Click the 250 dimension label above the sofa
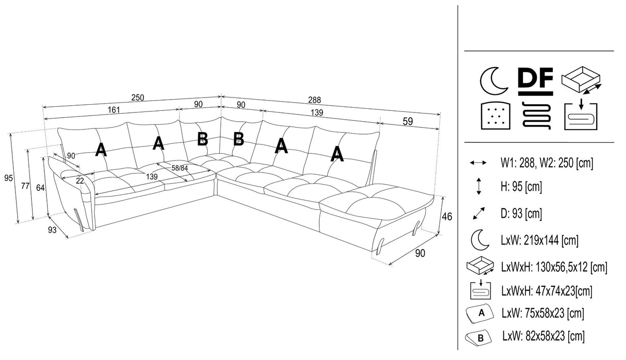137,97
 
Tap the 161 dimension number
114,110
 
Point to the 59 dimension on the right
407,122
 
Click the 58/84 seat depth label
179,168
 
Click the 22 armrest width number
80,180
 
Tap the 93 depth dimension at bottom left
52,231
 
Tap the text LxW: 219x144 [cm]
539,240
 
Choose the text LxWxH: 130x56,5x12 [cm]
553,267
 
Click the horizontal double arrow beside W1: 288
478,163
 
